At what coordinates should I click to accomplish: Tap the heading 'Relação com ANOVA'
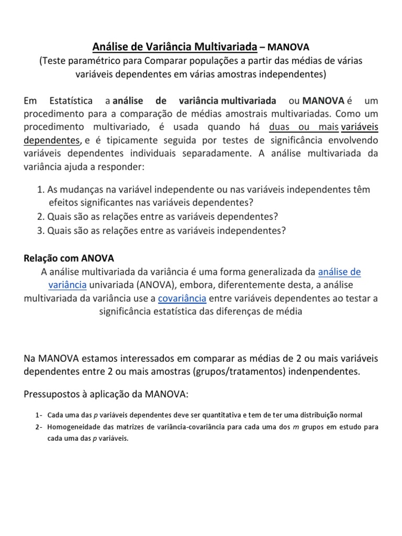[x=69, y=258]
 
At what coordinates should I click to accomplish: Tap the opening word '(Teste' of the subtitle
[x=53, y=61]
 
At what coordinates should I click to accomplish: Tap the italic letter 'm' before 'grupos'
[x=296, y=427]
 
